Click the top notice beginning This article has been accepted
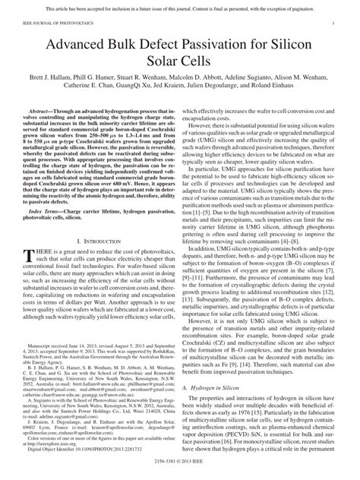coord(180,7)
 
